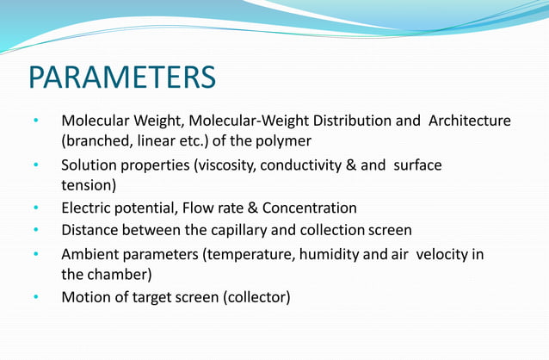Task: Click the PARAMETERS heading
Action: click(122, 77)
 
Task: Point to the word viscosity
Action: click(225, 165)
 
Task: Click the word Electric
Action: click(86, 208)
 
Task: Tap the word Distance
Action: click(89, 230)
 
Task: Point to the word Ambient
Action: click(89, 254)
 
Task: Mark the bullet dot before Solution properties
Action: click(37, 165)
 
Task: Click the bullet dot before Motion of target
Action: click(37, 298)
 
